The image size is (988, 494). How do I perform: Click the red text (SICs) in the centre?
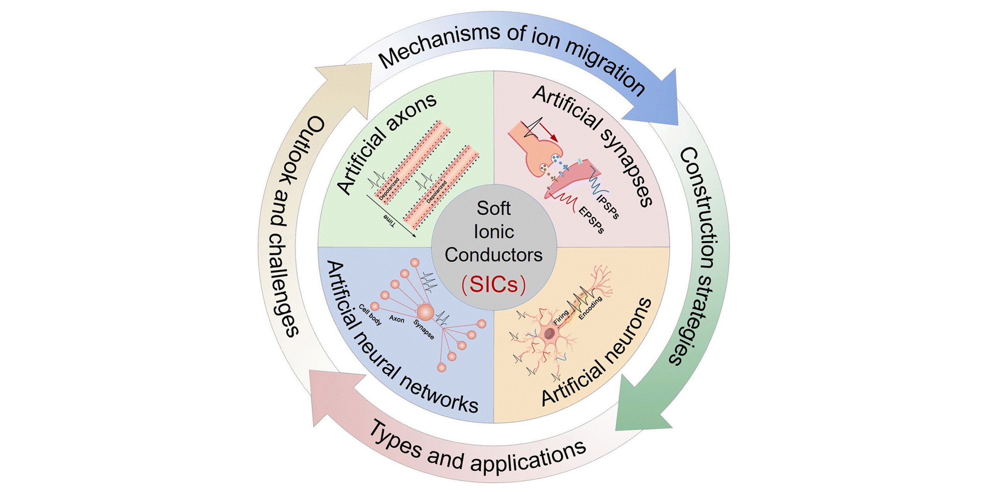(494, 284)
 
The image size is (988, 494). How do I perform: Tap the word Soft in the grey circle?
(494, 208)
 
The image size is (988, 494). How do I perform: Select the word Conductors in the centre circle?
(494, 255)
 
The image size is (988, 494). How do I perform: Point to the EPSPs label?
(591, 220)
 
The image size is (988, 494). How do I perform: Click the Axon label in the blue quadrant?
(397, 319)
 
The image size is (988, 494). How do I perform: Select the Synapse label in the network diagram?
(424, 329)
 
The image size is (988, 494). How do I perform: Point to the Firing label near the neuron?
(561, 317)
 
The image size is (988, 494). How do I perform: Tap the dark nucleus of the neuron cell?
(549, 333)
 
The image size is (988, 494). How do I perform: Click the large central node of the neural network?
(425, 312)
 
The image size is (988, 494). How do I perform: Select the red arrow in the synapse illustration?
(549, 133)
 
